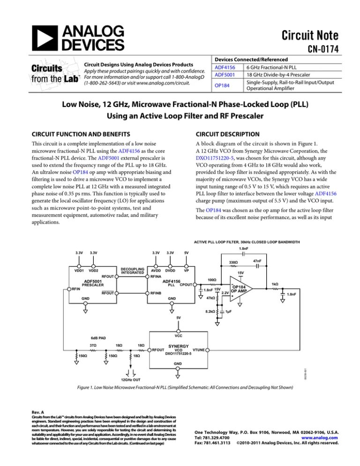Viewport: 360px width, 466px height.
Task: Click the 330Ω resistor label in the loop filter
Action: [x=234, y=262]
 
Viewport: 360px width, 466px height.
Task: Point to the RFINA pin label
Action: [x=156, y=277]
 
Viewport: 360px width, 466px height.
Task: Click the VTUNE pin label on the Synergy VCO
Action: [x=199, y=349]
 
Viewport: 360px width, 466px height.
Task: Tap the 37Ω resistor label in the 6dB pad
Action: [x=93, y=346]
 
